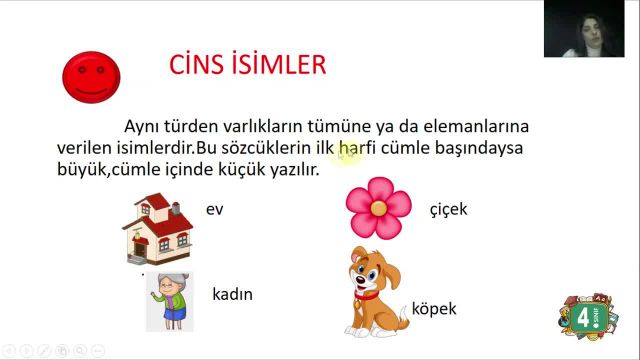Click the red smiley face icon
(91, 77)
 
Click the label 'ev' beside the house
(214, 210)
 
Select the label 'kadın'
(232, 295)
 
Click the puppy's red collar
(367, 295)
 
